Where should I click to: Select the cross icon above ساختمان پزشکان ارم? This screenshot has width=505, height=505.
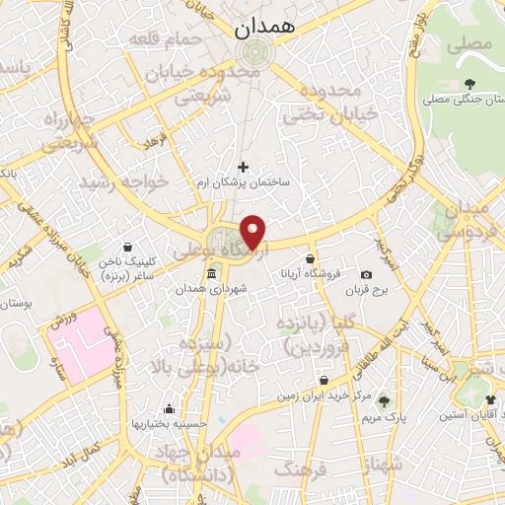point(243,167)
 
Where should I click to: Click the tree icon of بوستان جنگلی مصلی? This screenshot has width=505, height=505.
point(469,84)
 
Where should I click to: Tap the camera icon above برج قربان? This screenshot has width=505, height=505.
point(367,274)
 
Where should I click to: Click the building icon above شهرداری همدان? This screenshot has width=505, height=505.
point(211,274)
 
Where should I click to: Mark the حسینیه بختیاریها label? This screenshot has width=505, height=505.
point(169,424)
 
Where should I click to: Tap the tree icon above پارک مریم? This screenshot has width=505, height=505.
point(384,401)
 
